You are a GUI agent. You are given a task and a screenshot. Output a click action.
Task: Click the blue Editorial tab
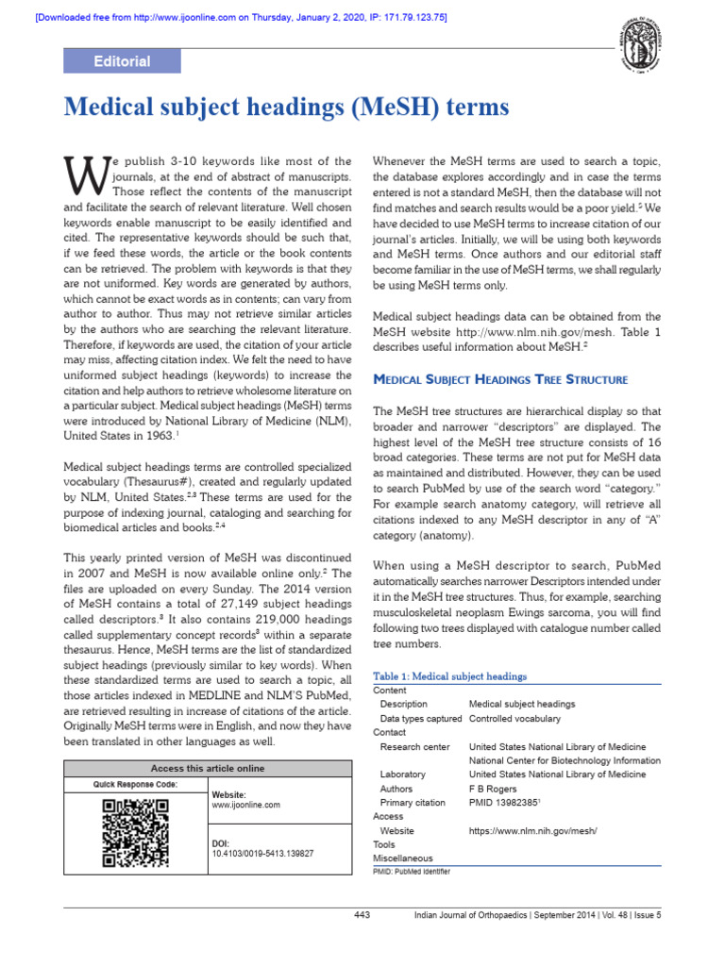(122, 61)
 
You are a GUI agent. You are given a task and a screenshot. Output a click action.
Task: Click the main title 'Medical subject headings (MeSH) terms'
(286, 108)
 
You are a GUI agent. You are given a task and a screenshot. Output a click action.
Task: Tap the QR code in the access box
(135, 833)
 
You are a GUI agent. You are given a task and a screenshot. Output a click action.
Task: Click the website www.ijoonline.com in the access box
(246, 805)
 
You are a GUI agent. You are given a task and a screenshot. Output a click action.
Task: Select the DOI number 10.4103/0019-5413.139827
(262, 852)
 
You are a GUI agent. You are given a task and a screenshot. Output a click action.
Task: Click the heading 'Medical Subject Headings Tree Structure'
(500, 379)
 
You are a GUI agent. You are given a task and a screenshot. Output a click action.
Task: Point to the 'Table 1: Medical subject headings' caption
(450, 676)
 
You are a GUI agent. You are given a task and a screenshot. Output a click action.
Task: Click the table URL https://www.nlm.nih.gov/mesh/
(533, 831)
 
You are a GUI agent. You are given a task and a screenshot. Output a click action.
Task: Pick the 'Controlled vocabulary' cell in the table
(514, 718)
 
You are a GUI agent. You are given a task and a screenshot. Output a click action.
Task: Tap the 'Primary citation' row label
(413, 803)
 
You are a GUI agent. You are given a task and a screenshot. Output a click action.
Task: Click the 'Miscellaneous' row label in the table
(403, 858)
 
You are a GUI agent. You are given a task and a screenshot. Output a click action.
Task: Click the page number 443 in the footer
(362, 915)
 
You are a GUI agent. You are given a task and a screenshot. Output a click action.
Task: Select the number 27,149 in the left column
(214, 603)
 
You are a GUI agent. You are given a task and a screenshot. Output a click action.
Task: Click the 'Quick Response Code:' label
(135, 784)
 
